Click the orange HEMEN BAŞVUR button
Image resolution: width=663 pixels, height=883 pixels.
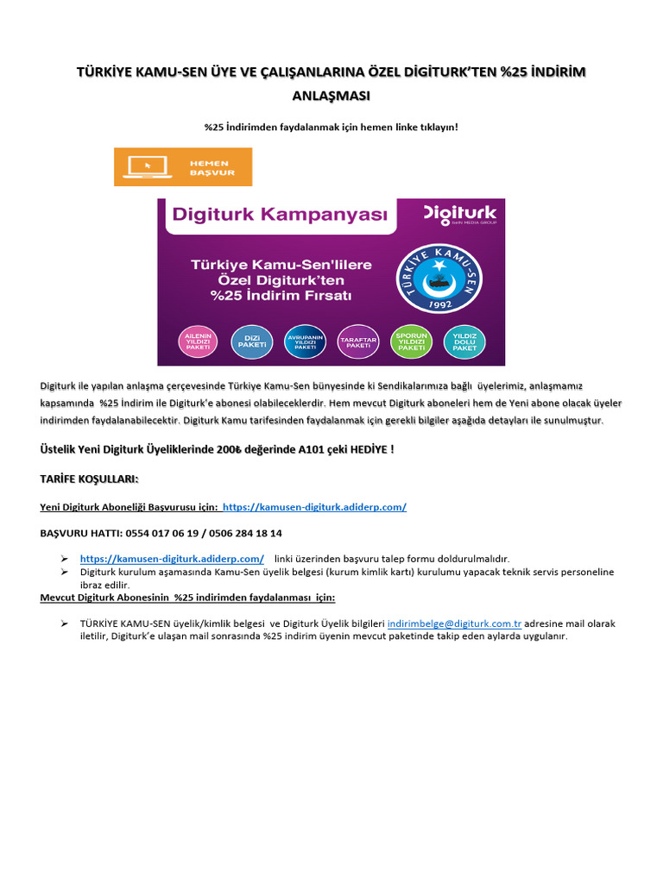pyautogui.click(x=183, y=166)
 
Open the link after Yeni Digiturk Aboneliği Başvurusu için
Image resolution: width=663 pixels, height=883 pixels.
pyautogui.click(x=314, y=507)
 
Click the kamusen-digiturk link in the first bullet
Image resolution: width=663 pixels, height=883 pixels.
pyautogui.click(x=172, y=559)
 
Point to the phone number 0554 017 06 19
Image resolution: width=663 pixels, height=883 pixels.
pyautogui.click(x=148, y=534)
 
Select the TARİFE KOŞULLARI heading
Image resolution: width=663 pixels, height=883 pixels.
pyautogui.click(x=89, y=479)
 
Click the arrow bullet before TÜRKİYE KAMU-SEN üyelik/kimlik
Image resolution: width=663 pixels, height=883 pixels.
pyautogui.click(x=64, y=623)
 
